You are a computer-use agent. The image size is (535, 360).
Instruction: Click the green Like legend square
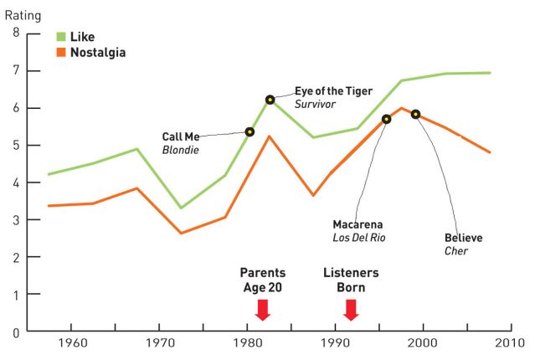pyautogui.click(x=60, y=37)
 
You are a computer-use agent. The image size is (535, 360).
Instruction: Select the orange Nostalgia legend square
pyautogui.click(x=60, y=52)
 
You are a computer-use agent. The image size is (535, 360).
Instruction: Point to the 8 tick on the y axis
pyautogui.click(x=16, y=33)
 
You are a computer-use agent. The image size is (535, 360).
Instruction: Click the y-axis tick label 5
pyautogui.click(x=16, y=146)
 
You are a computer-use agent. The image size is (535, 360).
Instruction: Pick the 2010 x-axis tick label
pyautogui.click(x=509, y=343)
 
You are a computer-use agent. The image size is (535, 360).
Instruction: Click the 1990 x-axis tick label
pyautogui.click(x=335, y=343)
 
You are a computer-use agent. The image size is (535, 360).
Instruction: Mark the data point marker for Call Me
pyautogui.click(x=249, y=131)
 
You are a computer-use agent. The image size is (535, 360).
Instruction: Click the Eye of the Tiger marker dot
pyautogui.click(x=270, y=100)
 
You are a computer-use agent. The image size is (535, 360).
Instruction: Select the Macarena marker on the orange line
pyautogui.click(x=386, y=120)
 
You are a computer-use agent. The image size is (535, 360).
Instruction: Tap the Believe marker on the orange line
pyautogui.click(x=415, y=114)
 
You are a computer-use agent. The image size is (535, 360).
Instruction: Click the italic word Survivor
pyautogui.click(x=314, y=104)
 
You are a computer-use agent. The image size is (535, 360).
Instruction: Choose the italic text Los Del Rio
pyautogui.click(x=359, y=237)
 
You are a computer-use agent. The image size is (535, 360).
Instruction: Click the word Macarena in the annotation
pyautogui.click(x=359, y=224)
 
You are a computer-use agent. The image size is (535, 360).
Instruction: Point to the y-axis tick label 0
pyautogui.click(x=16, y=332)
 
